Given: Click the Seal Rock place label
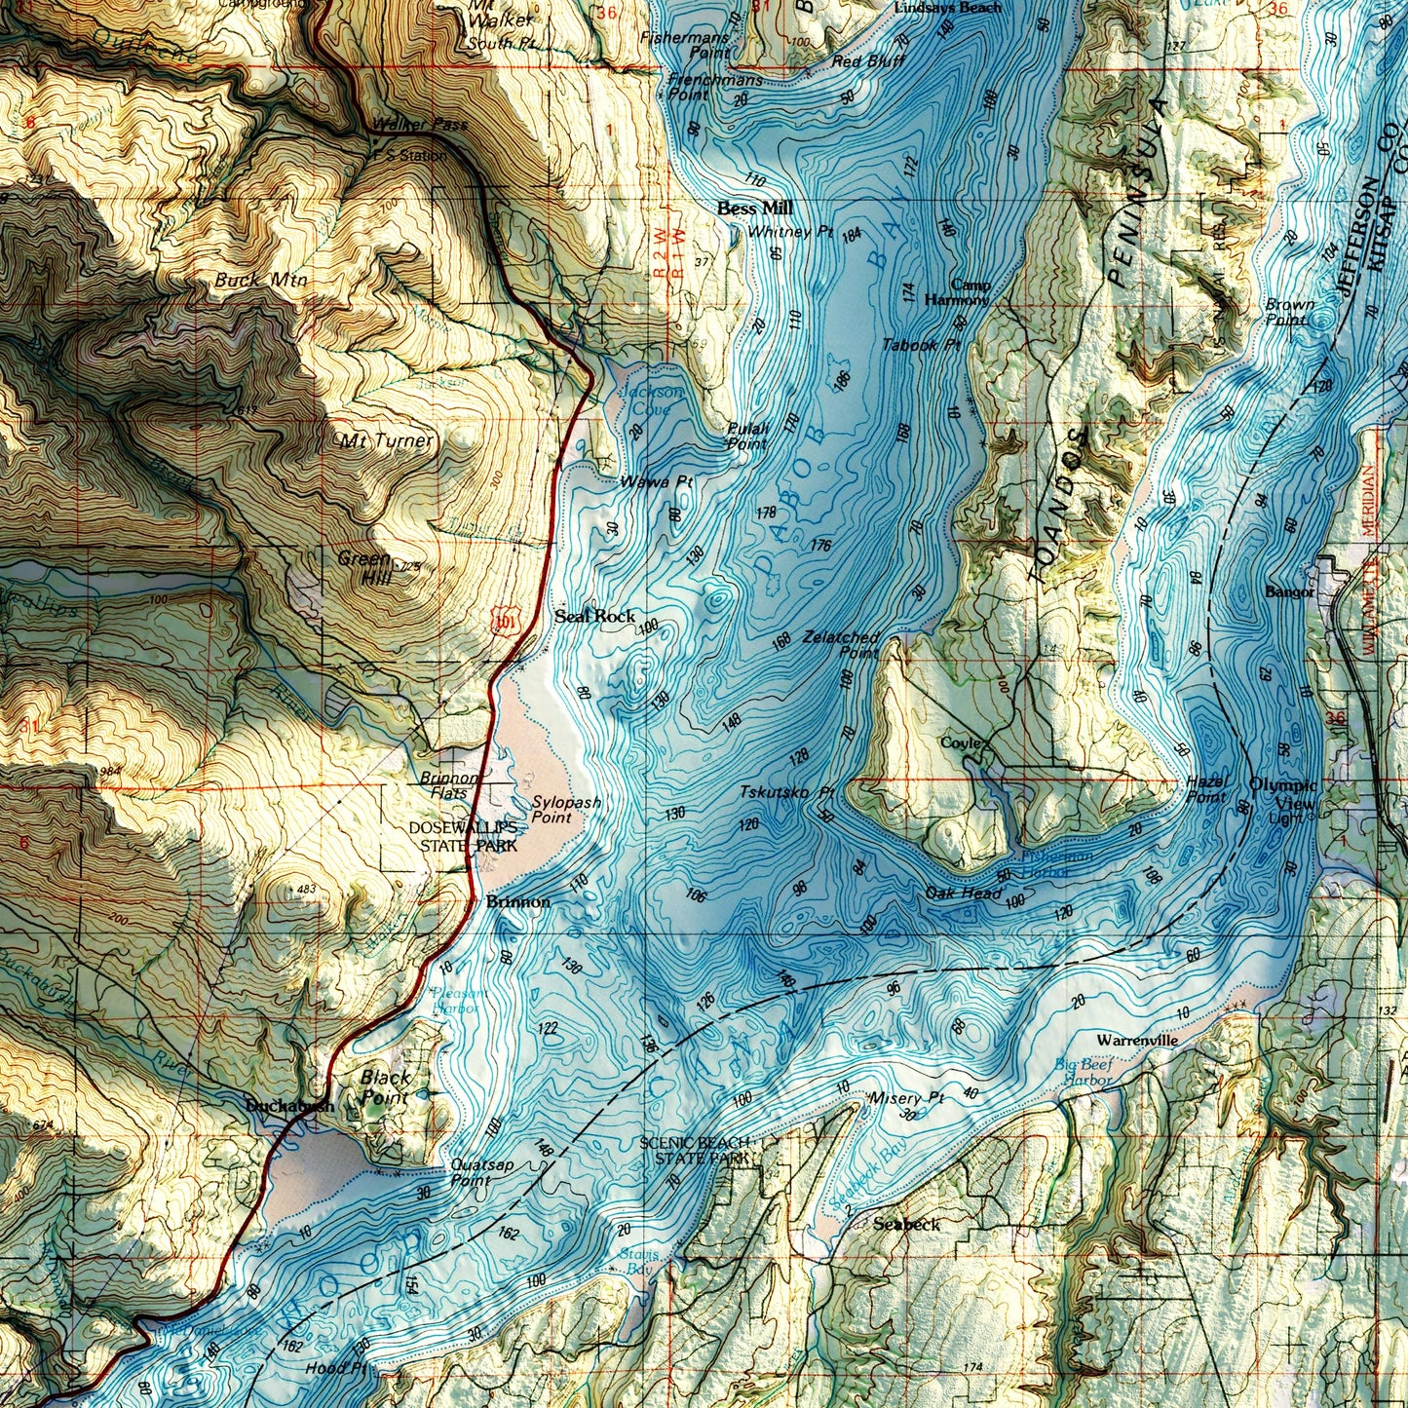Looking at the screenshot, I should point(594,616).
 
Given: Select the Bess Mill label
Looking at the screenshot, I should point(754,209).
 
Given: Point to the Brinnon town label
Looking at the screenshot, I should point(517,902).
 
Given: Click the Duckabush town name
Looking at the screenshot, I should point(289,1106).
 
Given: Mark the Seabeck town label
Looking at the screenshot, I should point(906,1224).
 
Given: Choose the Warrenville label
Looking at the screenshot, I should point(1137,1041).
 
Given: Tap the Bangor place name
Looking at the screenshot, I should point(1290,591).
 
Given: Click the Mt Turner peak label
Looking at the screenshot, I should point(386,441).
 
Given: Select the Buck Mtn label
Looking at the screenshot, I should point(260,281).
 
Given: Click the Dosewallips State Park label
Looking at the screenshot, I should point(464,837).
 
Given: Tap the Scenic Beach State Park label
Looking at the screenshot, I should point(695,1151).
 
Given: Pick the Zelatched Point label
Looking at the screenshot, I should point(842,644).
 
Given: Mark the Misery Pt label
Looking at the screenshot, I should point(906,1098).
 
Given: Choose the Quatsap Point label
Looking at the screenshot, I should point(470,1172).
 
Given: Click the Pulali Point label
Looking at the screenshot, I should point(747,436).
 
